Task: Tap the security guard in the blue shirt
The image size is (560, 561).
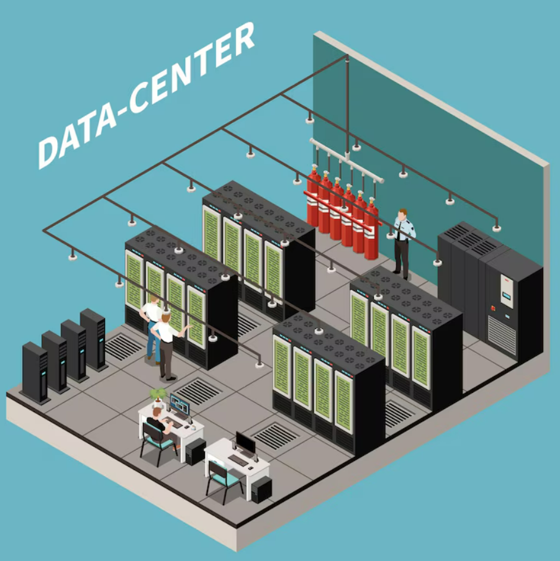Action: coord(402,242)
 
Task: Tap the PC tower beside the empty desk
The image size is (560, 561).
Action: coord(261,488)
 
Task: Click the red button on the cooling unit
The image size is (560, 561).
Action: coord(494,307)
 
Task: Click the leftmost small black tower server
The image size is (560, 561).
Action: coord(35,372)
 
